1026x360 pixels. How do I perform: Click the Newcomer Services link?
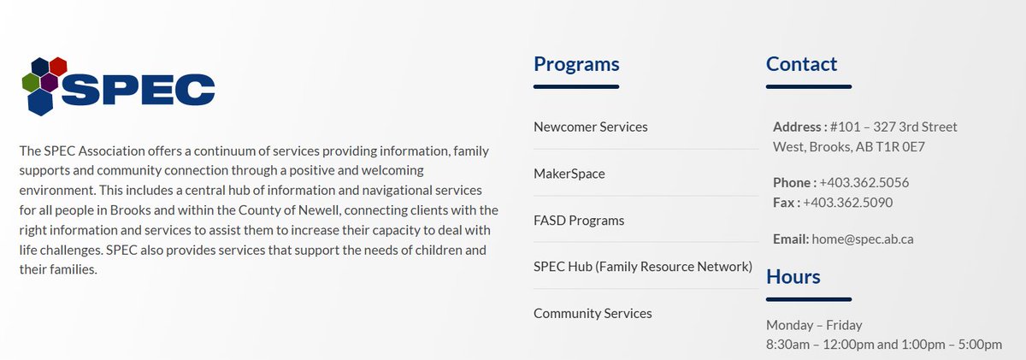[590, 127]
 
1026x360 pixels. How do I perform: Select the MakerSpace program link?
[569, 174]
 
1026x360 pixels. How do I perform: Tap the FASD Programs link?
[579, 221]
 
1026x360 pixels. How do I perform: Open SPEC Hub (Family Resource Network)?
[642, 267]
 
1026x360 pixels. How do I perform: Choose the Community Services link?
[593, 314]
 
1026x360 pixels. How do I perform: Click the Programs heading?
[576, 64]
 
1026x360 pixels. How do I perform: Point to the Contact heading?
[801, 64]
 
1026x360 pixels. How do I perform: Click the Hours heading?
[793, 277]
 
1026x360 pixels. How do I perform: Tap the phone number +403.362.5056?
[864, 182]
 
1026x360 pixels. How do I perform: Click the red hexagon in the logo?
[58, 66]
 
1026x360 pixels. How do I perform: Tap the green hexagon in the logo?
[30, 82]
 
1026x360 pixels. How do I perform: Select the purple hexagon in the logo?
[49, 82]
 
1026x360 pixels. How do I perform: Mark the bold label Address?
[799, 127]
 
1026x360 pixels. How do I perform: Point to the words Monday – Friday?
[814, 325]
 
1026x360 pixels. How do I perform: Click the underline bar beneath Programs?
[575, 86]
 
